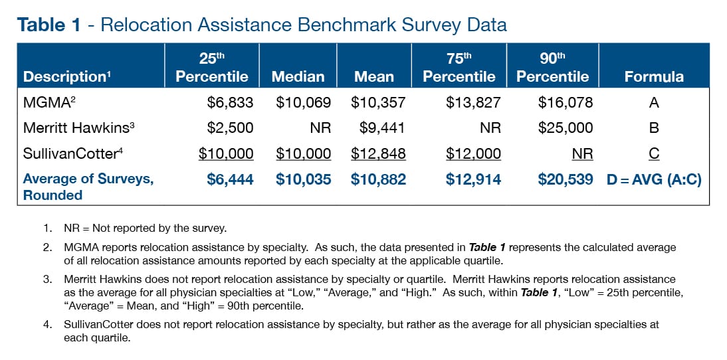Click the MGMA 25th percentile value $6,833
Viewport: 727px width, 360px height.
click(x=226, y=102)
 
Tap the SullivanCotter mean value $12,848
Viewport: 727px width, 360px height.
click(x=378, y=153)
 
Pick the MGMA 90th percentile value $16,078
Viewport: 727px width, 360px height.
click(x=566, y=102)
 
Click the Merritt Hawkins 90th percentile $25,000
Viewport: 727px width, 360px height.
click(x=566, y=128)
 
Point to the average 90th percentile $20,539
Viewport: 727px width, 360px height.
click(x=566, y=179)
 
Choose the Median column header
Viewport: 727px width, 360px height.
click(x=298, y=76)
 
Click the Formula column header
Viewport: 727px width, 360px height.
click(x=653, y=76)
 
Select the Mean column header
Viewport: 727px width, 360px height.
click(x=373, y=76)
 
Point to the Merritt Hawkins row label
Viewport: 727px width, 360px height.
click(x=75, y=128)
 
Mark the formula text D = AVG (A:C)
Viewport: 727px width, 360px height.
click(x=654, y=179)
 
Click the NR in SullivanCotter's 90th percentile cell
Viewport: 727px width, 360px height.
click(x=582, y=153)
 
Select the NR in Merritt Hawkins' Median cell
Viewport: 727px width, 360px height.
click(x=320, y=128)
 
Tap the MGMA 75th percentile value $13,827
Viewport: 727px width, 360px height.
click(x=473, y=102)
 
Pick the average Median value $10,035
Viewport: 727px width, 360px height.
click(x=303, y=179)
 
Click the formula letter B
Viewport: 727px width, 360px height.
click(x=654, y=128)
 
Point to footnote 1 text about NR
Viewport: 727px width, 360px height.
click(x=145, y=228)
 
